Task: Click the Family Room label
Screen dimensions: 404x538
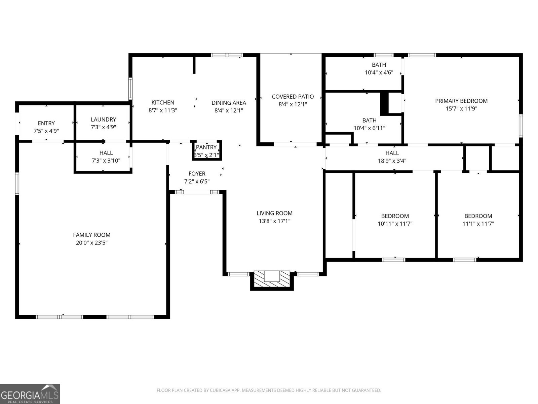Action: pyautogui.click(x=91, y=235)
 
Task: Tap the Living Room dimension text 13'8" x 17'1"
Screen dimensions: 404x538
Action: pyautogui.click(x=274, y=221)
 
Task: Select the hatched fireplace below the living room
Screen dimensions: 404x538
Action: pyautogui.click(x=272, y=279)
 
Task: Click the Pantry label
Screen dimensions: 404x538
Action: pyautogui.click(x=206, y=147)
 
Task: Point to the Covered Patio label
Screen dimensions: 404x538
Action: pyautogui.click(x=293, y=97)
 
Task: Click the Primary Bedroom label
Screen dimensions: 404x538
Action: pyautogui.click(x=461, y=101)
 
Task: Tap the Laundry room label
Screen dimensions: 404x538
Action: pyautogui.click(x=103, y=120)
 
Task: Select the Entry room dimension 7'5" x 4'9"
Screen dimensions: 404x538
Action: pyautogui.click(x=46, y=131)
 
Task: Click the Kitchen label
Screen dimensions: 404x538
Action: pyautogui.click(x=163, y=103)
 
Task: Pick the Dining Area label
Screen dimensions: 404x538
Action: pyautogui.click(x=229, y=103)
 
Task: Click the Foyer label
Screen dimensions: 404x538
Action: pyautogui.click(x=197, y=174)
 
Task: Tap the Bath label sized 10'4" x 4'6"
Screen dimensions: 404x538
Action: pyautogui.click(x=379, y=65)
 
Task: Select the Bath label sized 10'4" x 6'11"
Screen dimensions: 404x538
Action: pyautogui.click(x=369, y=121)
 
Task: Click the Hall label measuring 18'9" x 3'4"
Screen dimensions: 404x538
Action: pyautogui.click(x=392, y=153)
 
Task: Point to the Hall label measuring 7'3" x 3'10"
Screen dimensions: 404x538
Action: pyautogui.click(x=106, y=153)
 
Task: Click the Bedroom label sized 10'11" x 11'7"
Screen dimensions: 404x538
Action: pyautogui.click(x=395, y=216)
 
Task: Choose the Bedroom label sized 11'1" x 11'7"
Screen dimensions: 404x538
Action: pyautogui.click(x=478, y=216)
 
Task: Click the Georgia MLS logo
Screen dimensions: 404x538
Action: pyautogui.click(x=30, y=394)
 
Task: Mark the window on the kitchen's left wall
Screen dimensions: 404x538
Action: pyautogui.click(x=130, y=89)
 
